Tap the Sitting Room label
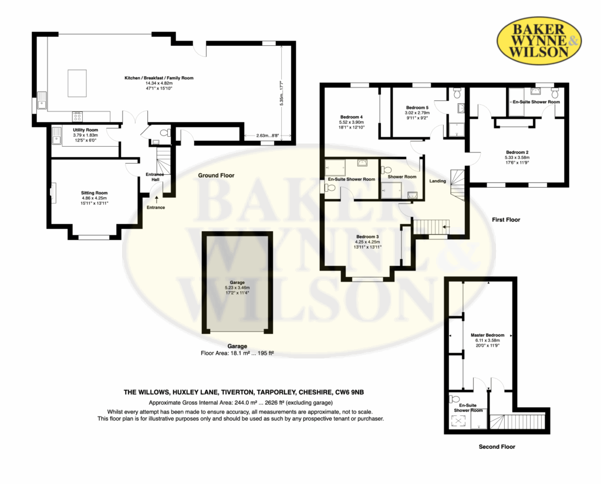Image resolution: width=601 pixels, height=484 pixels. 94,193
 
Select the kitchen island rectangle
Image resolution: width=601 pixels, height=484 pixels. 77,83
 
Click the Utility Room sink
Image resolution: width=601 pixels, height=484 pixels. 57,136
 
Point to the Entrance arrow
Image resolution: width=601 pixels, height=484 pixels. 156,199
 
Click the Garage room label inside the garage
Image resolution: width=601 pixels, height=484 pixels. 237,282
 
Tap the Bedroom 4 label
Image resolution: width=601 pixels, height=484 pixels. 352,117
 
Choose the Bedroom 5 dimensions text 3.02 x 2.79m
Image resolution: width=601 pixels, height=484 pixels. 417,113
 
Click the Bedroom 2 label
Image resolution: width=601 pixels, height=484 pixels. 517,152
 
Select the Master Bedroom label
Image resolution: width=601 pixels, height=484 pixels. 488,335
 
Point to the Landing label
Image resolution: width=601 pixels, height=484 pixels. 438,181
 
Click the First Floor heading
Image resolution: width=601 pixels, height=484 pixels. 506,219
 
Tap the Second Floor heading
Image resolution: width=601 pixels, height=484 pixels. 497,446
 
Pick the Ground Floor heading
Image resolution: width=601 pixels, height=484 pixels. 216,175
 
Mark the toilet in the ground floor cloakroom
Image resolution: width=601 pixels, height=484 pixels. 165,133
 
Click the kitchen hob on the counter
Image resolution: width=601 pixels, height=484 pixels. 77,116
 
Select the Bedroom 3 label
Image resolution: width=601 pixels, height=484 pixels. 367,237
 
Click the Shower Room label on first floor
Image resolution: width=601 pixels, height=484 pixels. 401,177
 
